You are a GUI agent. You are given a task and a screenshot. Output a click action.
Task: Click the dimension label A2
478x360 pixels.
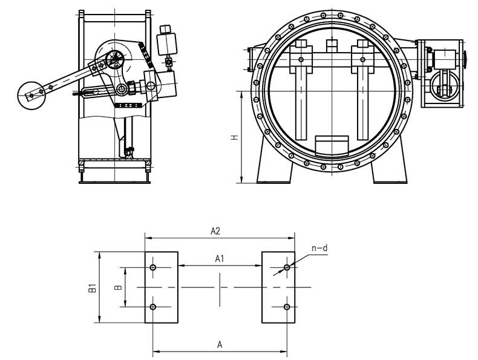(x=215, y=231)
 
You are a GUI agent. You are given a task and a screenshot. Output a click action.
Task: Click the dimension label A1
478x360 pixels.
(x=220, y=259)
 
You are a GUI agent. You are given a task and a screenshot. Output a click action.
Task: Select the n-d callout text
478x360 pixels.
(x=319, y=248)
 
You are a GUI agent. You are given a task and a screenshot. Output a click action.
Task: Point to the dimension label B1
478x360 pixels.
(x=92, y=288)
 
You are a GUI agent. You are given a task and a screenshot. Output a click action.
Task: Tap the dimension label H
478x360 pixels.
(x=234, y=137)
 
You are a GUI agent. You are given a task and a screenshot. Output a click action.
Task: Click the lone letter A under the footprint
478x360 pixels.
(x=220, y=345)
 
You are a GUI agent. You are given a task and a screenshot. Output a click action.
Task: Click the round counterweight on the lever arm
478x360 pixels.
(x=31, y=96)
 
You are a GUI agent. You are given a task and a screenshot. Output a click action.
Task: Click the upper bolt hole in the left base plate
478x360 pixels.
(x=153, y=267)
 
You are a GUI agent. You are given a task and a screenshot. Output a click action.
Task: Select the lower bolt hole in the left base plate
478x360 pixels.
(x=153, y=307)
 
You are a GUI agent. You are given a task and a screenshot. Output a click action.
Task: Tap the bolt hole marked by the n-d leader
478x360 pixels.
(x=287, y=267)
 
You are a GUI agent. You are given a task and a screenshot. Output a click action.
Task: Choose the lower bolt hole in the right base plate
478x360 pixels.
(x=287, y=307)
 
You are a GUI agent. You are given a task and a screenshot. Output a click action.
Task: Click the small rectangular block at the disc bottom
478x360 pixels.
(x=332, y=143)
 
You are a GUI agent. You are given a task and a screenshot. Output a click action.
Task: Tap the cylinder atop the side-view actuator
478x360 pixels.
(x=167, y=41)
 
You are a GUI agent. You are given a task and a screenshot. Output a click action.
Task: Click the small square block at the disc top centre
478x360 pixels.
(x=332, y=46)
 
